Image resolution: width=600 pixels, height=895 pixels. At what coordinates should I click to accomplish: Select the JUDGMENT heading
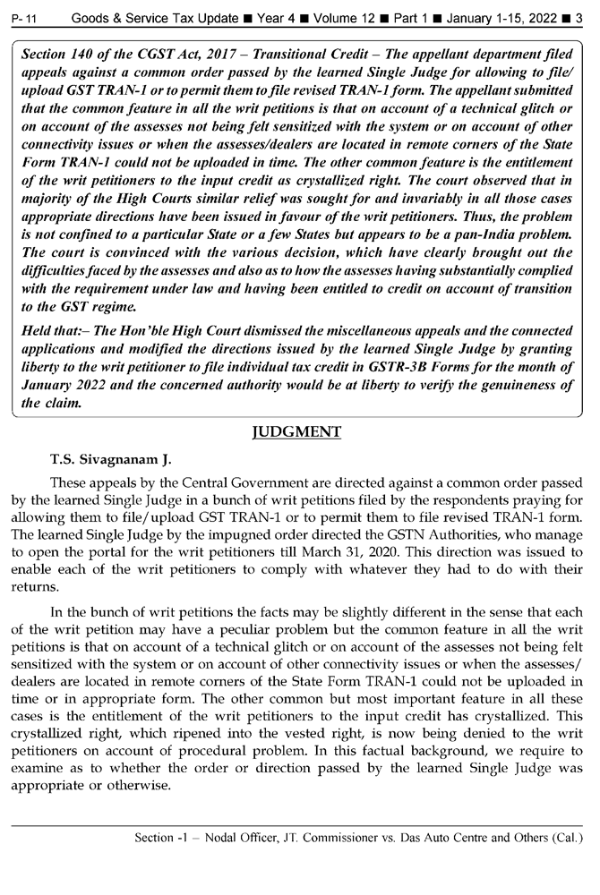tap(297, 433)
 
